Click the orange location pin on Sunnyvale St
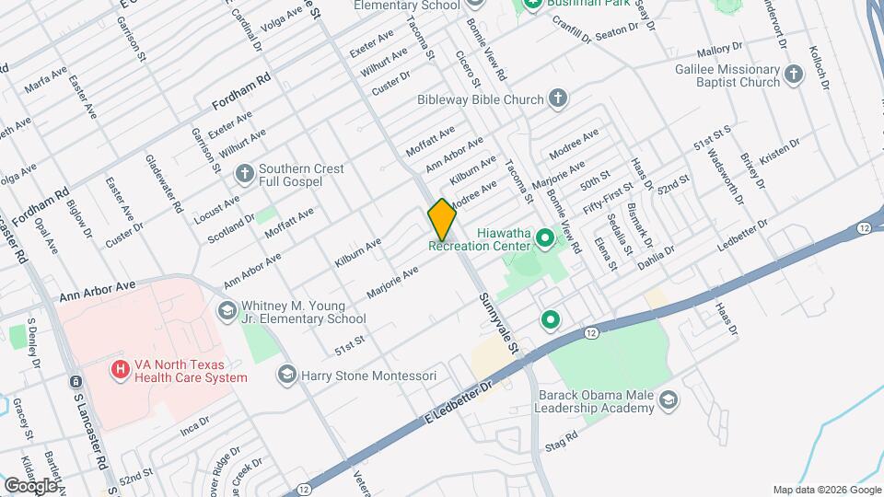[442, 219]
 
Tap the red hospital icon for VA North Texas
[120, 370]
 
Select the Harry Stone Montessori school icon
[286, 376]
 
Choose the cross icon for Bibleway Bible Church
[557, 98]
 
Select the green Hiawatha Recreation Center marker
[544, 239]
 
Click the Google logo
[31, 485]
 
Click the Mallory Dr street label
[719, 49]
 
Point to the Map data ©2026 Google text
[826, 490]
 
